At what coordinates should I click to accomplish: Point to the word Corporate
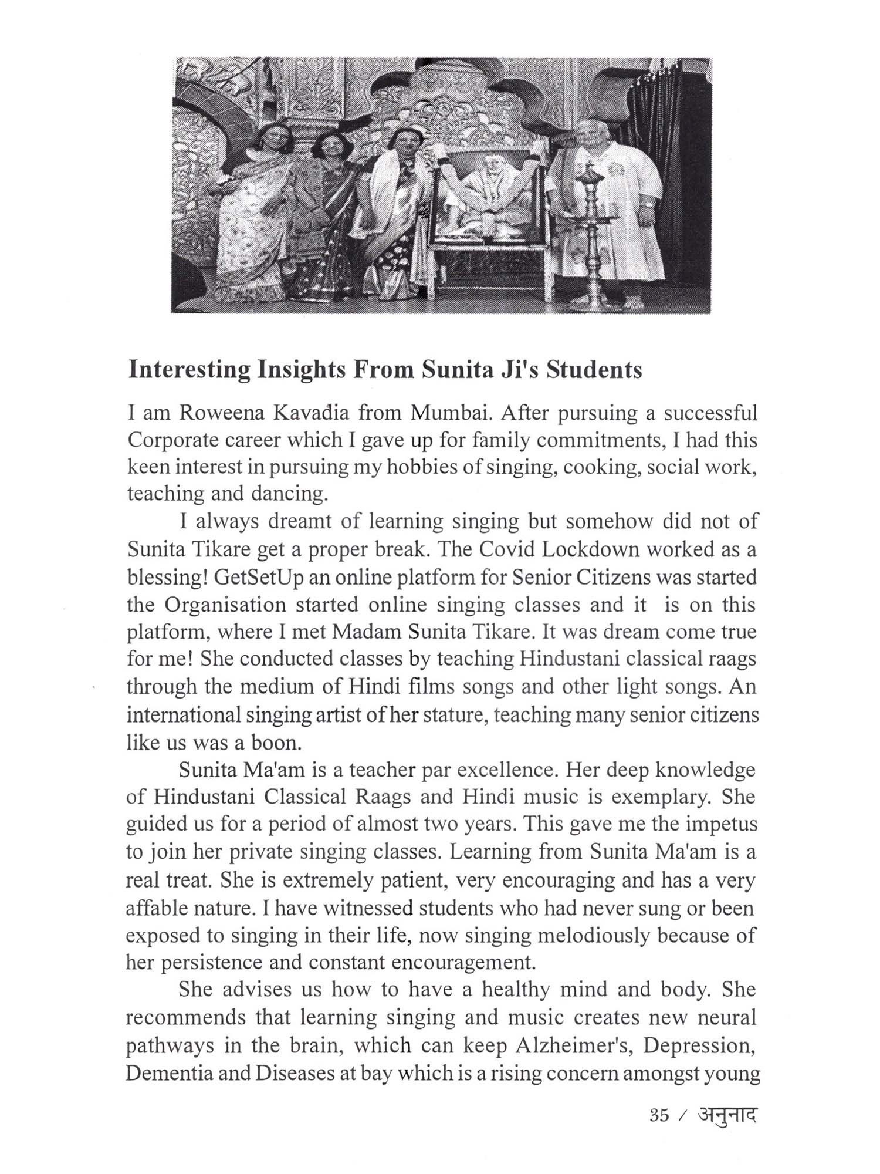pos(167,440)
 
